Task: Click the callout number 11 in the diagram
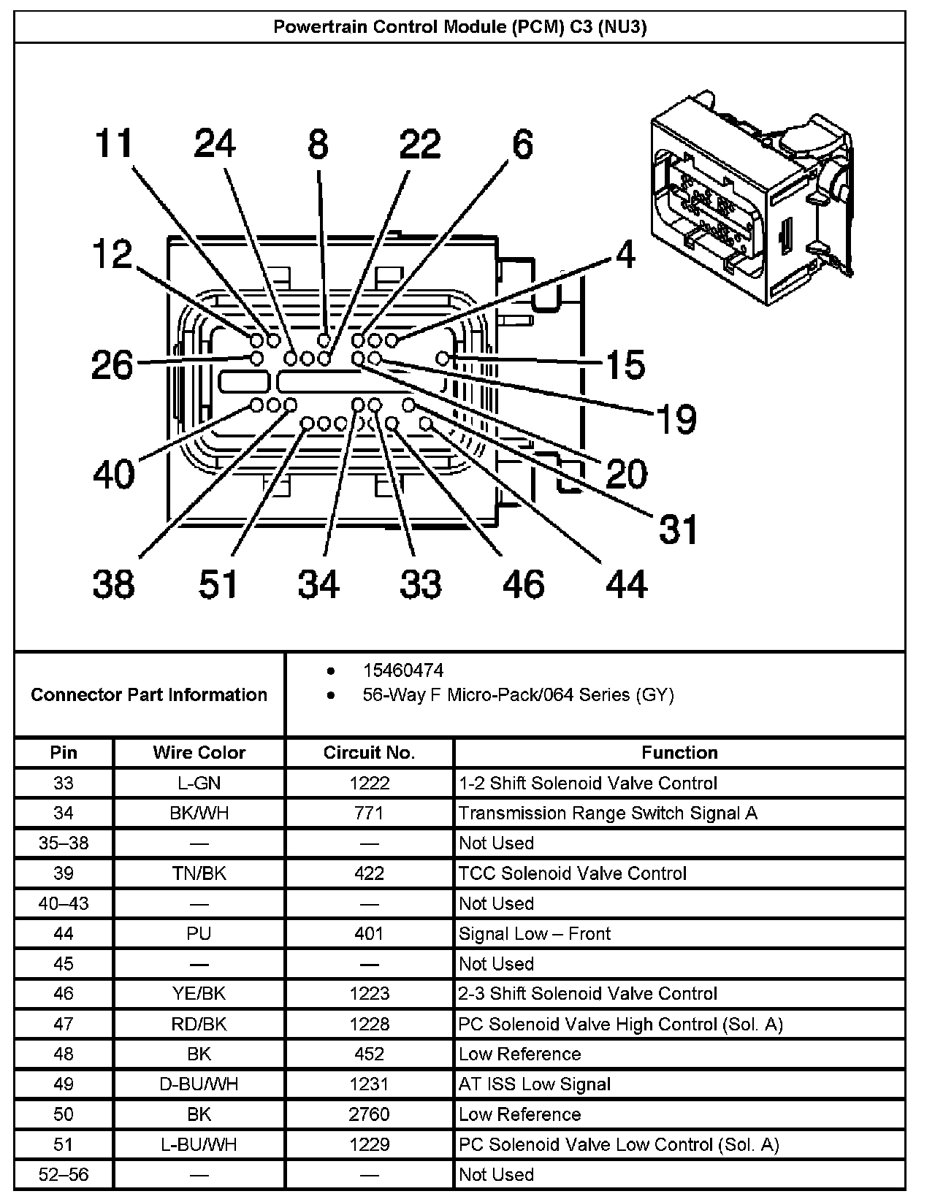point(114,144)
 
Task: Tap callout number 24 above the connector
point(215,144)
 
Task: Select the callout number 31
point(679,529)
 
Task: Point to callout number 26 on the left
point(112,364)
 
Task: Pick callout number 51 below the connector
point(218,585)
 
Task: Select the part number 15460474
point(402,670)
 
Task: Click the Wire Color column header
point(199,753)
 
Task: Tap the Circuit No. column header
point(369,753)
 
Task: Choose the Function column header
point(679,753)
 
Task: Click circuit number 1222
point(369,784)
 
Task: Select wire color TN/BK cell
point(199,873)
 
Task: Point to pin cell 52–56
point(64,1175)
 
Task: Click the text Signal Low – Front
point(534,934)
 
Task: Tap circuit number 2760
point(369,1114)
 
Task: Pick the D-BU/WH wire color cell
point(199,1084)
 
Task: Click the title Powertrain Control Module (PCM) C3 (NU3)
point(459,28)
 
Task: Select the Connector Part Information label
point(149,694)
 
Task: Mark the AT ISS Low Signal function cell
point(534,1084)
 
